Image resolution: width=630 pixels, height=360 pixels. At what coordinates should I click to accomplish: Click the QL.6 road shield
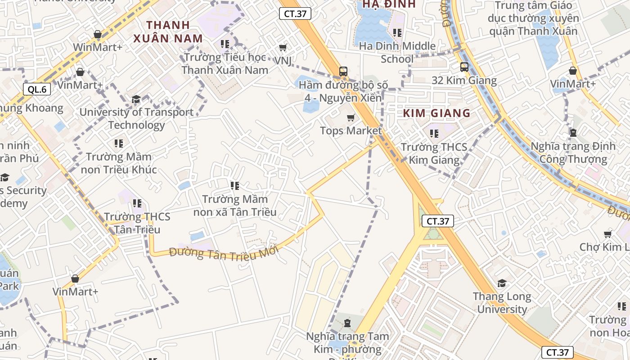(37, 89)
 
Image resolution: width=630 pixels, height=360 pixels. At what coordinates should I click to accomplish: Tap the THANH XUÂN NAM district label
(168, 31)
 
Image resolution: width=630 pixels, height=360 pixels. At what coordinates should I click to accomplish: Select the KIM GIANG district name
(436, 113)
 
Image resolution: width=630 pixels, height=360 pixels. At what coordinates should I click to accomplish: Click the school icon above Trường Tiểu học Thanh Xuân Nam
(225, 44)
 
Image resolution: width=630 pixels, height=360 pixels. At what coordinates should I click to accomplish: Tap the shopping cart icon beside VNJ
(283, 47)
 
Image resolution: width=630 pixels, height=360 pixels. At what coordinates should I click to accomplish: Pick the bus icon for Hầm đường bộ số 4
(343, 71)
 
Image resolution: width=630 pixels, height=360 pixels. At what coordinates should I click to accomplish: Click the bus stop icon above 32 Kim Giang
(464, 67)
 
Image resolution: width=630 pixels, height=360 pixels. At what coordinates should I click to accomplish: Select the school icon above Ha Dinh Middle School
(397, 32)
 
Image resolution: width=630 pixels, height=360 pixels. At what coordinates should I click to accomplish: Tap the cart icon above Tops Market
(351, 117)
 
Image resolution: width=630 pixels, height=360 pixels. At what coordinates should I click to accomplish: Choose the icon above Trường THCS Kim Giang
(434, 133)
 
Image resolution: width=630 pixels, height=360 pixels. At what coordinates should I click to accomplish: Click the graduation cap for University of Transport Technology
(136, 99)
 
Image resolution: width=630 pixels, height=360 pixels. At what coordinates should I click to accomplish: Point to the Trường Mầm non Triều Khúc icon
(119, 144)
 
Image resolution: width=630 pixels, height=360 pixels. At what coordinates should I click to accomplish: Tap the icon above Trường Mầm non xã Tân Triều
(234, 185)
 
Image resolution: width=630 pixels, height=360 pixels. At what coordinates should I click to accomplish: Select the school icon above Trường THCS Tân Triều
(137, 203)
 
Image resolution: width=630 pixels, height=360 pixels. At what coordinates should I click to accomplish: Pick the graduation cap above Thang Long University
(502, 283)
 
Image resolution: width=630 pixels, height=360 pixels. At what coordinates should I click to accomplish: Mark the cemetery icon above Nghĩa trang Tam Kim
(347, 323)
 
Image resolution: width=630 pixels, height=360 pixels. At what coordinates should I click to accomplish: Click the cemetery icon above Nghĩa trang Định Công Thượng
(573, 133)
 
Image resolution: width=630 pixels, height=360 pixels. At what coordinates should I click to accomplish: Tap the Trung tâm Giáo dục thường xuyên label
(533, 18)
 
